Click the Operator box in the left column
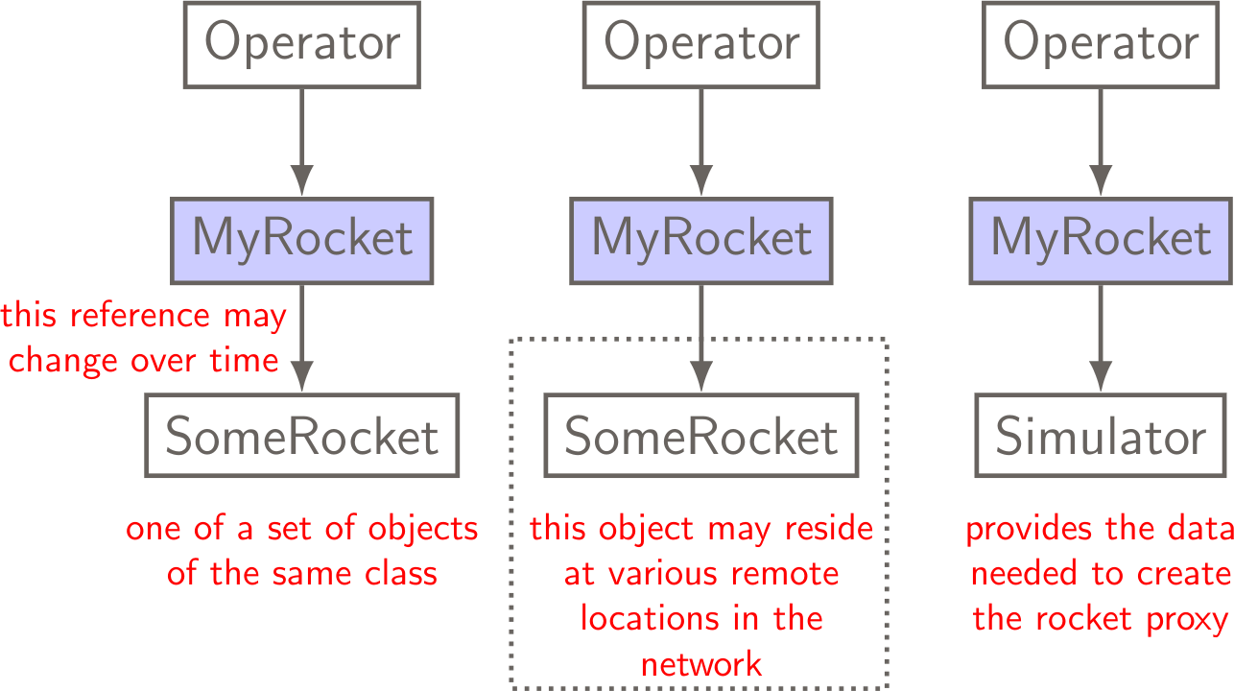302,45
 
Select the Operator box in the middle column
701,45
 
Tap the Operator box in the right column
1101,45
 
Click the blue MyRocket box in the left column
302,241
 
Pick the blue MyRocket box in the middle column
701,241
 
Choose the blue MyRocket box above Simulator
1101,241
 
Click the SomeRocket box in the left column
302,436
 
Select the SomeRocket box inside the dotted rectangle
701,436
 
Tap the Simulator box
1101,436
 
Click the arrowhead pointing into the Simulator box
1101,376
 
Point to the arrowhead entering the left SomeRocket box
302,376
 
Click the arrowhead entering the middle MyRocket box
701,179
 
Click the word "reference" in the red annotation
140,316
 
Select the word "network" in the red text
701,664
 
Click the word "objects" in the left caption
423,530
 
